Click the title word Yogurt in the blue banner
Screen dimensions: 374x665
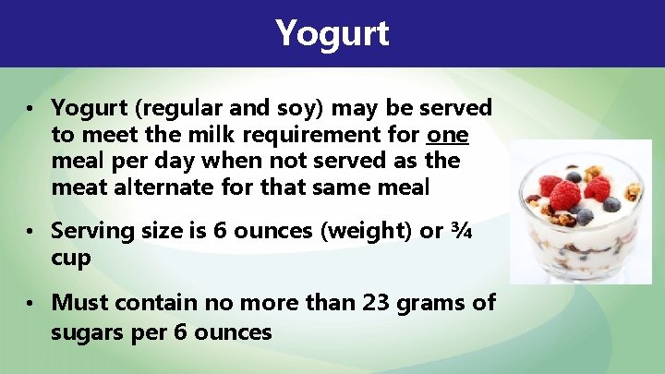tap(332, 33)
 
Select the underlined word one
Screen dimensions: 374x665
tap(448, 135)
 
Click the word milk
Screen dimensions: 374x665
tap(182, 135)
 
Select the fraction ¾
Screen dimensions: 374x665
tap(460, 231)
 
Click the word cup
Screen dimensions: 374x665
tap(71, 258)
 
